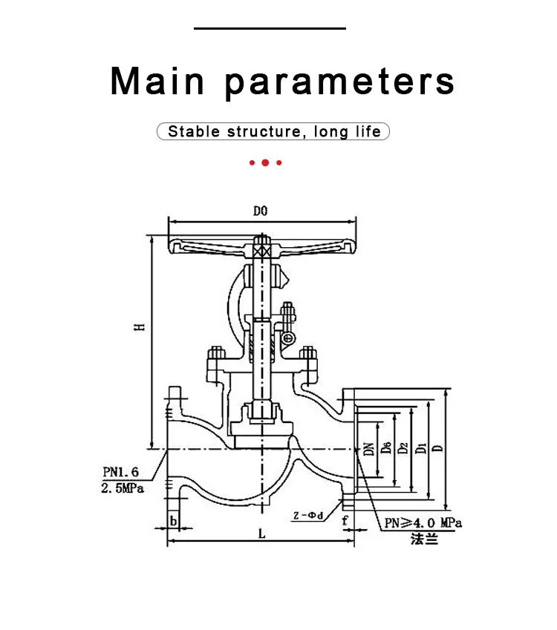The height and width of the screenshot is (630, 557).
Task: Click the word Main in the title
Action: (x=157, y=81)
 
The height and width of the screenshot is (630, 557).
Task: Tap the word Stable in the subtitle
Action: (x=194, y=131)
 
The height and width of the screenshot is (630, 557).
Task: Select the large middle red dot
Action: (x=265, y=163)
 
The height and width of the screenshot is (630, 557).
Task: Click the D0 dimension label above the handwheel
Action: (x=260, y=211)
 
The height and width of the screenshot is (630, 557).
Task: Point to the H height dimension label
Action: (x=139, y=327)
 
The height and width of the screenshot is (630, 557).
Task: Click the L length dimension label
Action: (x=262, y=534)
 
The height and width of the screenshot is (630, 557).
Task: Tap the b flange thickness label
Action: (x=173, y=521)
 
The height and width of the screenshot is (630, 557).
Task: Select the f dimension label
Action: (x=345, y=521)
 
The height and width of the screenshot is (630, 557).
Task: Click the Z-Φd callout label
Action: (x=308, y=515)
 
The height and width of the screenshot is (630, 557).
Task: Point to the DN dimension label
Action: (x=369, y=449)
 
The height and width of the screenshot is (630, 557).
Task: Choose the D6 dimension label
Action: (x=386, y=447)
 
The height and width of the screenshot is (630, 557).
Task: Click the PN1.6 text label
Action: (x=120, y=472)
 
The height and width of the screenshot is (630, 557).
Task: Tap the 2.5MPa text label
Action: (x=123, y=488)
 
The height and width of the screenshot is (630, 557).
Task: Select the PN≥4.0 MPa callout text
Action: (x=423, y=522)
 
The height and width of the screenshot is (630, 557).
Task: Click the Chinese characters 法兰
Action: (x=424, y=539)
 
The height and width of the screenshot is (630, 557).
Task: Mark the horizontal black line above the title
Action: (x=270, y=28)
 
